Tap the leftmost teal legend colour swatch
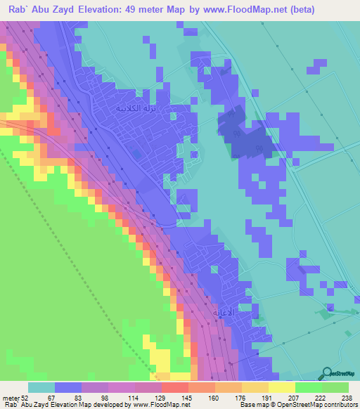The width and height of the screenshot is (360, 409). coord(41,387)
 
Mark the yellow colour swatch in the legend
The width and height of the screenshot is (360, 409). coord(282,387)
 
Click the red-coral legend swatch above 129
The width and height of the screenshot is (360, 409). coord(175,387)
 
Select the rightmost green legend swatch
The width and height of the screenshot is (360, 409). coord(335,387)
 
